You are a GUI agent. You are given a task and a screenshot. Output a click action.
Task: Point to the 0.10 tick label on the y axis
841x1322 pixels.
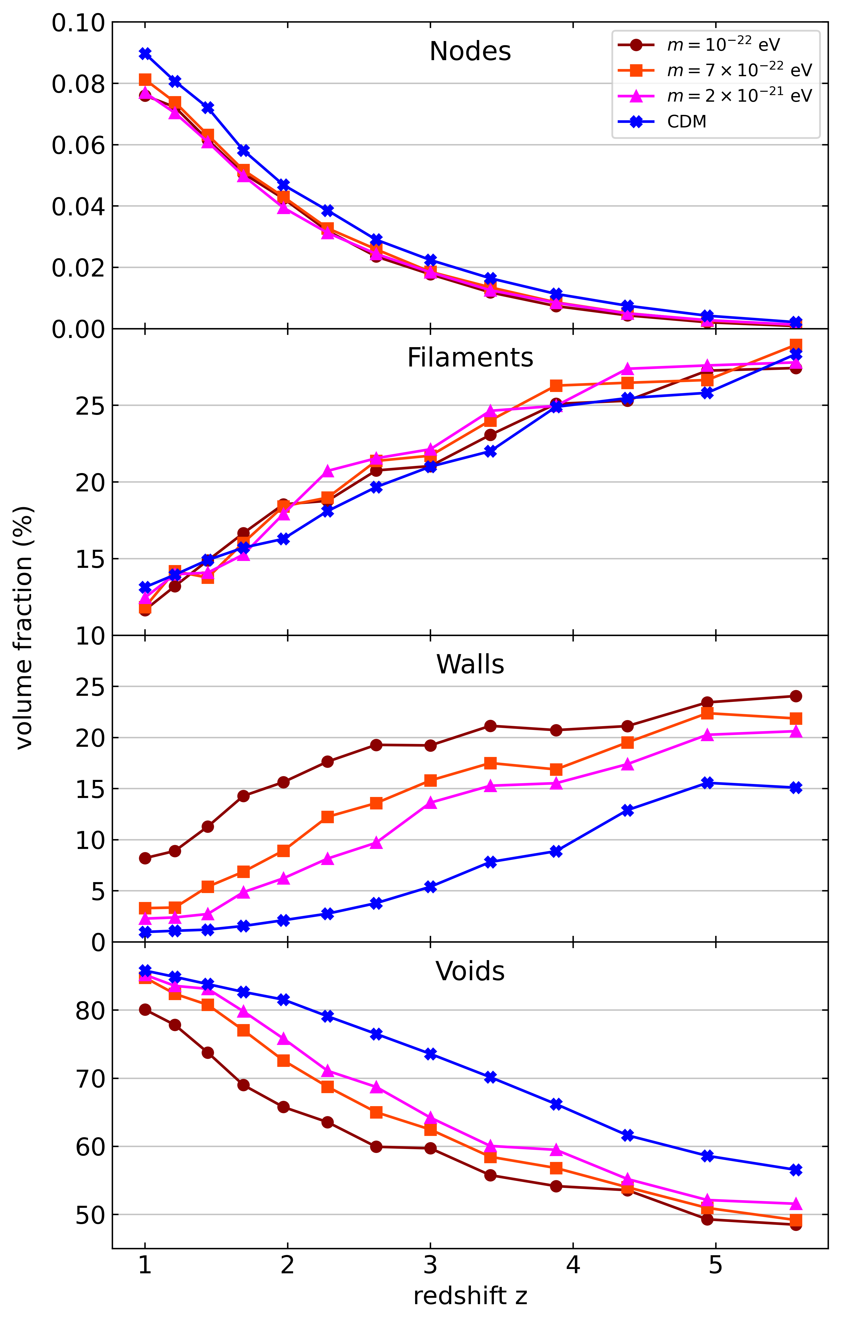tap(78, 23)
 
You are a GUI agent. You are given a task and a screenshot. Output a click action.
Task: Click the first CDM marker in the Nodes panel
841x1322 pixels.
tap(145, 53)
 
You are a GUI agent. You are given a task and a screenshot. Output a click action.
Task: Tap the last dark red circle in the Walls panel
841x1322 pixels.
tap(796, 696)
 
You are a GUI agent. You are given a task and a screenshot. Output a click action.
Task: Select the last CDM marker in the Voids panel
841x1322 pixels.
tap(796, 1170)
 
